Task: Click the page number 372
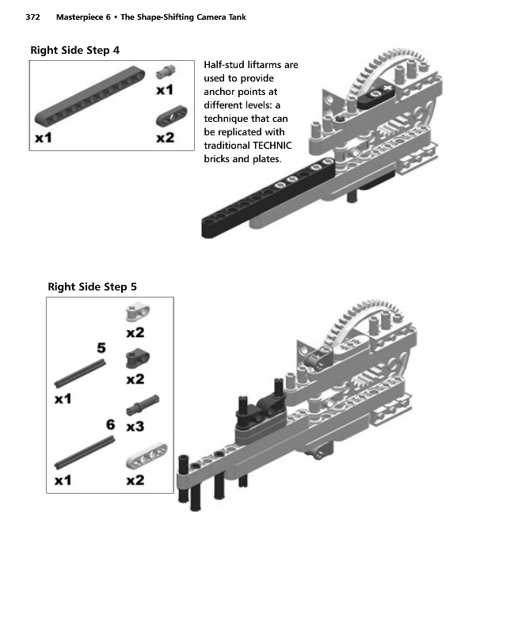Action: pyautogui.click(x=32, y=17)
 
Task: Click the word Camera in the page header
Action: pyautogui.click(x=211, y=17)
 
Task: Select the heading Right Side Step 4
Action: pyautogui.click(x=75, y=51)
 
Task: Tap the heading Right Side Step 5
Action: pyautogui.click(x=92, y=287)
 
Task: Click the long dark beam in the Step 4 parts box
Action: pyautogui.click(x=89, y=97)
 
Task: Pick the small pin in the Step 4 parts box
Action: pyautogui.click(x=166, y=72)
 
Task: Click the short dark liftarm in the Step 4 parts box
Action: pyautogui.click(x=172, y=116)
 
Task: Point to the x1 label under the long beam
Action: pyautogui.click(x=44, y=138)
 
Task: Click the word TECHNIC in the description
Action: pyautogui.click(x=272, y=146)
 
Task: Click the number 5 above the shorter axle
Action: pyautogui.click(x=101, y=347)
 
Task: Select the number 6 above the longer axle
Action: pyautogui.click(x=110, y=424)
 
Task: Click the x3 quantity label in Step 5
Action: pyautogui.click(x=135, y=426)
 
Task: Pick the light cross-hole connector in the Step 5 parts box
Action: pyautogui.click(x=138, y=313)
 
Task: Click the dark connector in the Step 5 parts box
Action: pyautogui.click(x=138, y=358)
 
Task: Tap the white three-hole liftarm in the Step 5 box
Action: pyautogui.click(x=147, y=457)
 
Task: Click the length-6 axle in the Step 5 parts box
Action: pyautogui.click(x=85, y=453)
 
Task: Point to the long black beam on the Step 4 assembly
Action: pyautogui.click(x=268, y=199)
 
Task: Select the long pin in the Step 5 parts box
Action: pyautogui.click(x=143, y=405)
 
